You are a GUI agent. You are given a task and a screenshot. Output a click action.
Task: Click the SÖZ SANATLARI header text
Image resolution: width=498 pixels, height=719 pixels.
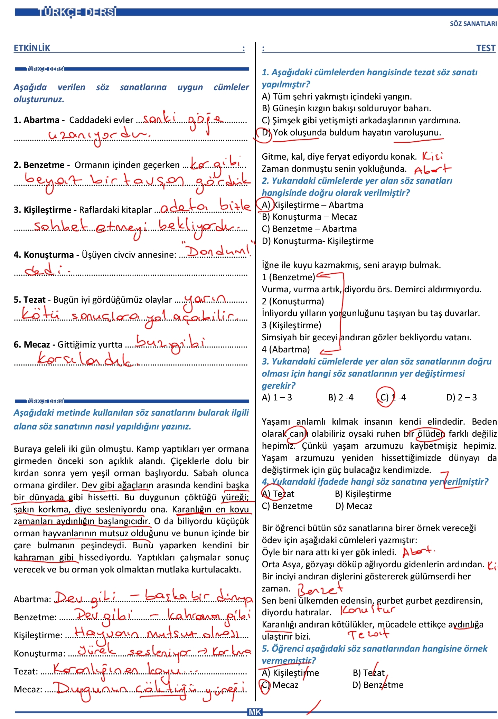tap(473, 24)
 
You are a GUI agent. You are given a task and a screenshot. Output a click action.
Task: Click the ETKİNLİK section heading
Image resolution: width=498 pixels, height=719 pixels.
tap(32, 48)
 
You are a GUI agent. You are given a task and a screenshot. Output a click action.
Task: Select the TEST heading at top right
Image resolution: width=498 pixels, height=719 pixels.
tap(486, 48)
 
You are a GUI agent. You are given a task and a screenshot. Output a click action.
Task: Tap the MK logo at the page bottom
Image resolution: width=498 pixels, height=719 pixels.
tap(255, 712)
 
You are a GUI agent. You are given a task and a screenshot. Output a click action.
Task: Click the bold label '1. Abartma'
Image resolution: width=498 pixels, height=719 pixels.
tap(36, 120)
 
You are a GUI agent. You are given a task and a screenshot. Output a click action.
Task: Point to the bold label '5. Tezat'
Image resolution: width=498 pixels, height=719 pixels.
tap(30, 300)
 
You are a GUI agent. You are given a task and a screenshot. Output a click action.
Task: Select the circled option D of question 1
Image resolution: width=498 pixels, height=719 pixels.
tap(265, 133)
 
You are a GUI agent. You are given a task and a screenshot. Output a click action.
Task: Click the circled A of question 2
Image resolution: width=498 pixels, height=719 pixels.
tap(265, 205)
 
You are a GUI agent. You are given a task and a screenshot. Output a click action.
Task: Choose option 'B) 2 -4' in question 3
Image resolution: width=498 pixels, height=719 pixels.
tap(340, 398)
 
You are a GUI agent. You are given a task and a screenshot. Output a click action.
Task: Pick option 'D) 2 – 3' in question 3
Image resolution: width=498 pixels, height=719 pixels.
tap(461, 398)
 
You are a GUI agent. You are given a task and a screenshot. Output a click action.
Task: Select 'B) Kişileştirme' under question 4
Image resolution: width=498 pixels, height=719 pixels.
tap(363, 494)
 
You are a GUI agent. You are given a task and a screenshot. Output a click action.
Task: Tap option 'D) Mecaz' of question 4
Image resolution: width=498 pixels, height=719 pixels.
tap(354, 506)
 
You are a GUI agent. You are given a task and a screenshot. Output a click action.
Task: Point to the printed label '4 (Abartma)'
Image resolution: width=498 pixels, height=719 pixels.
tap(285, 350)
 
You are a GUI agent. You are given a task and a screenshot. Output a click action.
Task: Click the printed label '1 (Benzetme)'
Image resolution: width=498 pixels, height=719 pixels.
tap(288, 277)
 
